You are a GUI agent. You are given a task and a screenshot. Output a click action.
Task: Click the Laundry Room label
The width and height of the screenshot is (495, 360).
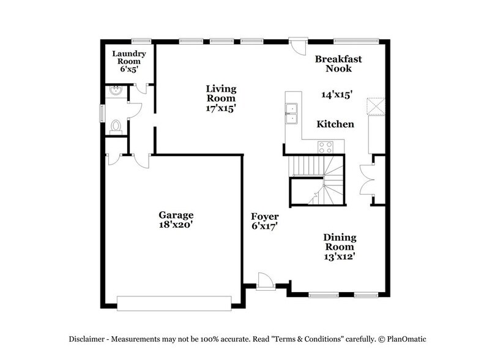(126, 57)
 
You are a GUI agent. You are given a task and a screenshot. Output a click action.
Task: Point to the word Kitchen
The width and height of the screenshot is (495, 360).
(335, 124)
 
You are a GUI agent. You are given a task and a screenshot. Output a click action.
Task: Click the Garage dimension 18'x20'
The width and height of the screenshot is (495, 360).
(176, 225)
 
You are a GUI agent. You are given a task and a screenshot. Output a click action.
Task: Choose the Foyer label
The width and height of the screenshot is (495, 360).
(265, 217)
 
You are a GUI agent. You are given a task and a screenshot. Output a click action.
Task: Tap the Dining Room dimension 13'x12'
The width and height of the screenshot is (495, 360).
(340, 257)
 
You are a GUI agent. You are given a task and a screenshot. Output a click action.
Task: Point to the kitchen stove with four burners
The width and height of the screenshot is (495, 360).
(325, 147)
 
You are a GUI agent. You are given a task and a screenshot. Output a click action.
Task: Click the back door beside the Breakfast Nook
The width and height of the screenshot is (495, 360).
(297, 45)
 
